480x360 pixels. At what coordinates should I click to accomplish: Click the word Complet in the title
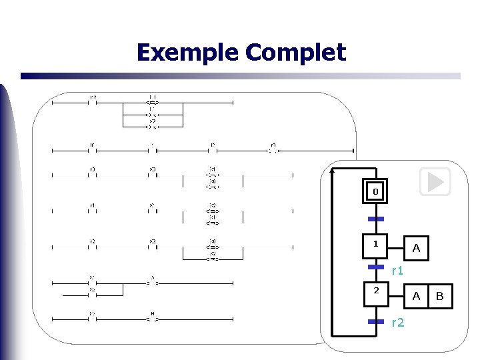(295, 53)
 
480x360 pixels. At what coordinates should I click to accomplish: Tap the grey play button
(435, 181)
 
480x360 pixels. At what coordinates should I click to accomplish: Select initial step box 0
(375, 192)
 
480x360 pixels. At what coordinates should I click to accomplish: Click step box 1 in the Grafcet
(375, 245)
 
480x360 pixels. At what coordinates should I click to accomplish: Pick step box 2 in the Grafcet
(375, 292)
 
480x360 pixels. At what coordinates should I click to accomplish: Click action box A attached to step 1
(416, 248)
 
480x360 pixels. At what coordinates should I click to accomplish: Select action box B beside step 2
(439, 296)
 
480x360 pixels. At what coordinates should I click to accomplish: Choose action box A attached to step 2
(416, 296)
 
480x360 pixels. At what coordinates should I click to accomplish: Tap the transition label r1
(397, 271)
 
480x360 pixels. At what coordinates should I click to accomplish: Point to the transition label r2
(397, 323)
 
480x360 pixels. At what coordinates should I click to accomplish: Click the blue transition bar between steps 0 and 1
(375, 219)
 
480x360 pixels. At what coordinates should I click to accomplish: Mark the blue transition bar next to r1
(375, 267)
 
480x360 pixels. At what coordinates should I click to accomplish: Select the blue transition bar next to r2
(375, 321)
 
